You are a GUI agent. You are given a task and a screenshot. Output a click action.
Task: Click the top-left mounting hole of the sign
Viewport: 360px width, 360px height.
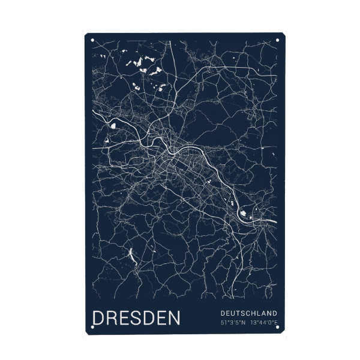tap(92, 41)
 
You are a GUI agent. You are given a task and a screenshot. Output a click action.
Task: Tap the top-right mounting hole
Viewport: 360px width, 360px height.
tap(277, 41)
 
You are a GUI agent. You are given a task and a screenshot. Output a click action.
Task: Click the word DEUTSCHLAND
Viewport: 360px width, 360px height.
tap(248, 313)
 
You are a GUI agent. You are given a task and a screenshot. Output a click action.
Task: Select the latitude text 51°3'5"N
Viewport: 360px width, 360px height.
tap(233, 323)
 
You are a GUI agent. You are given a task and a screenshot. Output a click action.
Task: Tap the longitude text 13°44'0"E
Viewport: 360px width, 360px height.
tap(264, 323)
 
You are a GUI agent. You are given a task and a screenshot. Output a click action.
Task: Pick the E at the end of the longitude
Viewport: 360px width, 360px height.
tap(275, 323)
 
